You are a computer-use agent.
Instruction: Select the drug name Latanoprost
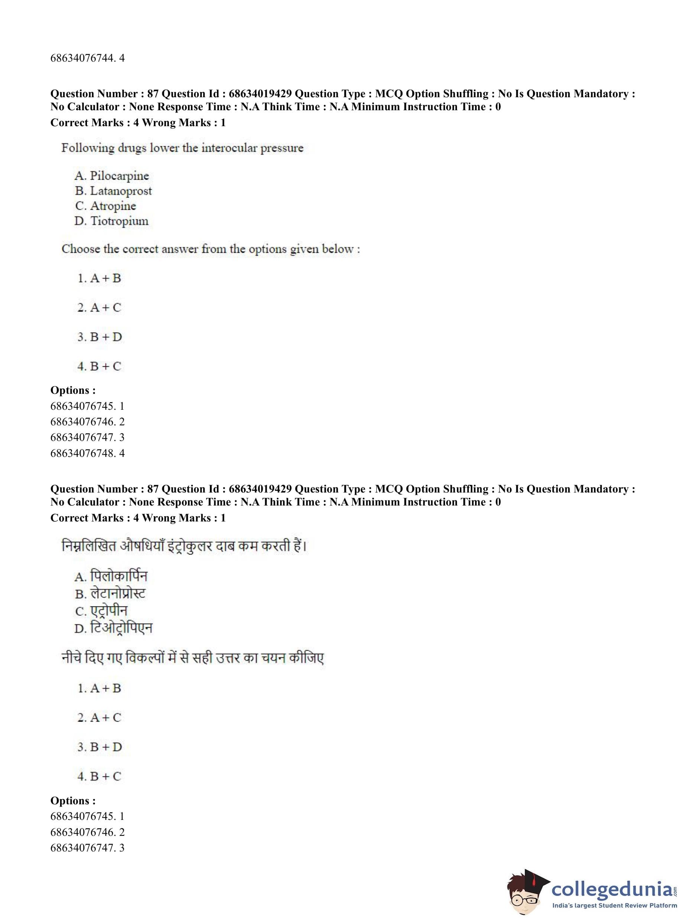click(x=121, y=191)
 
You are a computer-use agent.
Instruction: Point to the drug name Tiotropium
click(x=119, y=221)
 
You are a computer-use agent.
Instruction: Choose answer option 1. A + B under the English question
click(x=100, y=278)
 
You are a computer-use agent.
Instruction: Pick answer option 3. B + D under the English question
click(x=100, y=337)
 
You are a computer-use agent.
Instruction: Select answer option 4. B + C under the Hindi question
click(x=100, y=776)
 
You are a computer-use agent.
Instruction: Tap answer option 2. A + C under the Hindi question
click(x=100, y=718)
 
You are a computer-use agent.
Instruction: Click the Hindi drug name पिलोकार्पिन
click(x=118, y=576)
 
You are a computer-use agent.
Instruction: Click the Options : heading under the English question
click(x=73, y=390)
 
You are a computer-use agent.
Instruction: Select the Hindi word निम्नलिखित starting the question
click(x=89, y=546)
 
